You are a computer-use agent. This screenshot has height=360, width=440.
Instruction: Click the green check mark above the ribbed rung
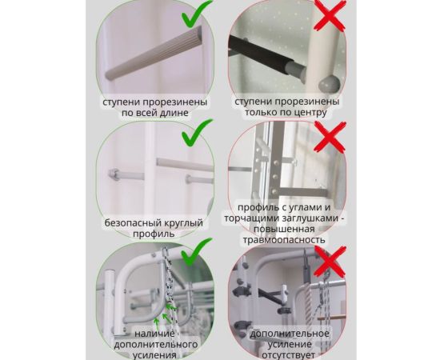coord(197,15)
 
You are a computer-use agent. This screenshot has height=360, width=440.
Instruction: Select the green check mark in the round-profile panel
coord(197,134)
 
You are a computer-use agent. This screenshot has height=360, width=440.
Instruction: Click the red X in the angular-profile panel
coord(330,137)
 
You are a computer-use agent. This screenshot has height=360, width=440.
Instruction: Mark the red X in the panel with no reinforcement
coord(330,261)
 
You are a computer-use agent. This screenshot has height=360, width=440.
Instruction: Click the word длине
coord(174,113)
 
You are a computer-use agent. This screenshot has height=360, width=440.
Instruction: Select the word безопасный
coord(133,223)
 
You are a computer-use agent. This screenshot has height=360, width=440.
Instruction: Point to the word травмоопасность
coord(284,240)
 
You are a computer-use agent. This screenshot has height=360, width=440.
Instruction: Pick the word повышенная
coord(284,230)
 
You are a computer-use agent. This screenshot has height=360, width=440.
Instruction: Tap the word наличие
coord(154,334)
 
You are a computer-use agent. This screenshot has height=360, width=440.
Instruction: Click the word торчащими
coord(250,219)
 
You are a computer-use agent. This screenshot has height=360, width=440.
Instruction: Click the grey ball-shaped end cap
coord(329,85)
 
